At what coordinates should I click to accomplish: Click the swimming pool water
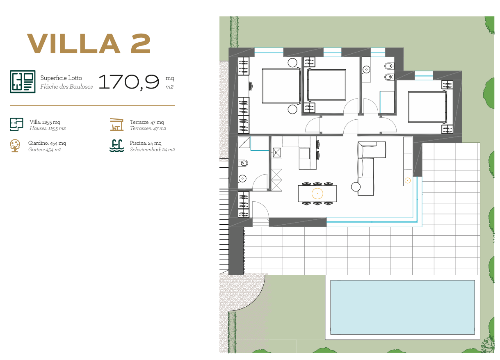[402, 307]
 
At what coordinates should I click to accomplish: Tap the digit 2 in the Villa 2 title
[141, 44]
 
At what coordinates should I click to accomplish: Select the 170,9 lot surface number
[129, 82]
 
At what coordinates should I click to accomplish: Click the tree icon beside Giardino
[15, 146]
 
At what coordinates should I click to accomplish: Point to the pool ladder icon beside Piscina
[117, 146]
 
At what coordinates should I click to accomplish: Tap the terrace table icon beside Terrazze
[117, 124]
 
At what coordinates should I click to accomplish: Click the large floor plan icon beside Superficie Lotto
[23, 82]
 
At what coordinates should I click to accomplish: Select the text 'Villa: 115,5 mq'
[45, 122]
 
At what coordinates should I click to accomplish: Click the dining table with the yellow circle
[317, 194]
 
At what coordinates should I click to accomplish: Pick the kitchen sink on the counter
[277, 153]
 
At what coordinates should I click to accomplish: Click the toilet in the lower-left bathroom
[243, 163]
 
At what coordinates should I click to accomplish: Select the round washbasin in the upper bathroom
[366, 69]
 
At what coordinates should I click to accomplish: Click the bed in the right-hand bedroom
[427, 107]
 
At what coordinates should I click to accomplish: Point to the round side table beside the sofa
[356, 187]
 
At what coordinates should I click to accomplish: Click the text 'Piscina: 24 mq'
[146, 143]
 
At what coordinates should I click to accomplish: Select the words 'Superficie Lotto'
[61, 78]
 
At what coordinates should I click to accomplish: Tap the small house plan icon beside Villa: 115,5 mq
[16, 124]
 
